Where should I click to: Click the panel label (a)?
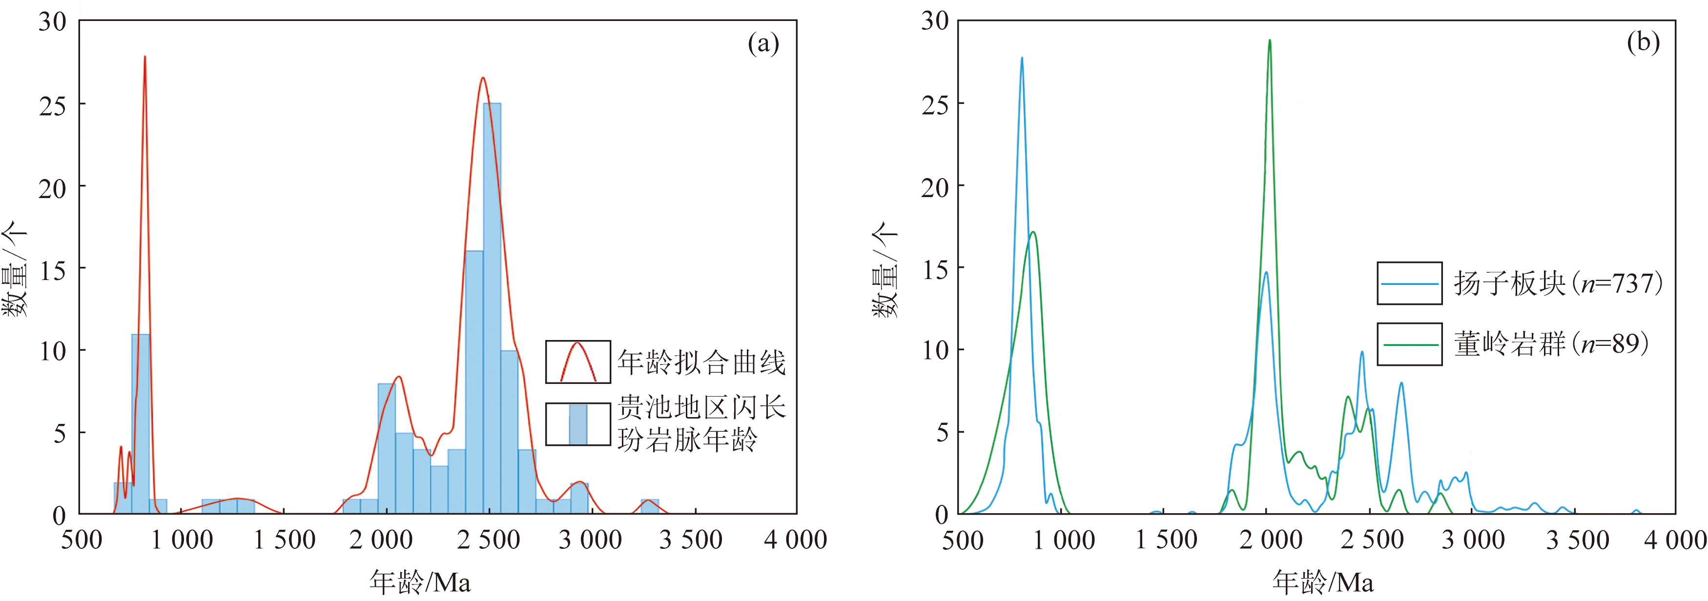763,44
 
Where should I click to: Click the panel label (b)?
1643,42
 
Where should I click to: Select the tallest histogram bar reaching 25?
492,308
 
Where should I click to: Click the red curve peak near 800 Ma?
144,58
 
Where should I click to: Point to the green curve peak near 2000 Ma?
1269,41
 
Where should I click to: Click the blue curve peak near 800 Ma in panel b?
1022,59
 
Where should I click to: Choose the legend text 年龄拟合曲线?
701,362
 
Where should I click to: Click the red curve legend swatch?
577,362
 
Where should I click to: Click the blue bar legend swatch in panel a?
577,424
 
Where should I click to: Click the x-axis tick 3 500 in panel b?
1577,540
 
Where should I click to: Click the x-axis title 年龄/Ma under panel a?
420,582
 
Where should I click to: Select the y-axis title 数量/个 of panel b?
885,269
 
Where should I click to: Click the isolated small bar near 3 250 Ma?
650,506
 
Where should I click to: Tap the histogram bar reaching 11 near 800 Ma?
140,424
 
